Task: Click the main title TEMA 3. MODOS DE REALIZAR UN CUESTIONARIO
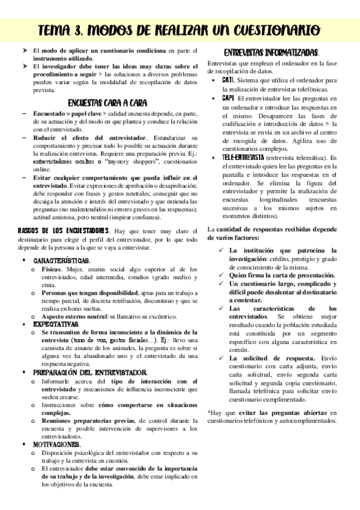pyautogui.click(x=179, y=29)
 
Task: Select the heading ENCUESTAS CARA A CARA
pyautogui.click(x=108, y=102)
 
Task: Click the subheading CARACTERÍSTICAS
pyautogui.click(x=62, y=260)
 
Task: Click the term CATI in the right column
pyautogui.click(x=228, y=79)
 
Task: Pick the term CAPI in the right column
pyautogui.click(x=228, y=97)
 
